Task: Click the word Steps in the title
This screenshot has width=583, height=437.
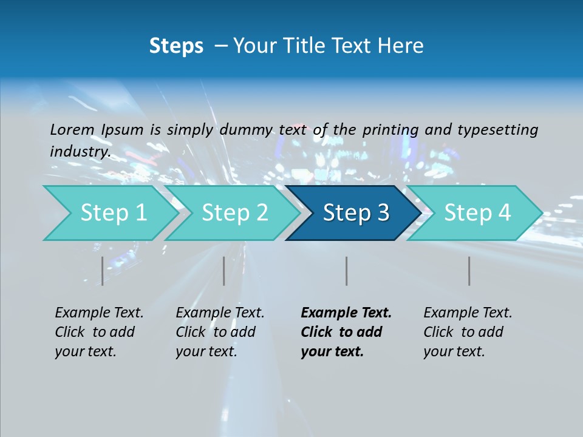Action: click(176, 46)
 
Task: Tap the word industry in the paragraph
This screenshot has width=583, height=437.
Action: click(80, 151)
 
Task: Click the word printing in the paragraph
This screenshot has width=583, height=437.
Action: click(390, 129)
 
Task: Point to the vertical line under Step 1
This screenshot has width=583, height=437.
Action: click(102, 271)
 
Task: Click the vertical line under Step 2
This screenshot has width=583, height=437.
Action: click(224, 271)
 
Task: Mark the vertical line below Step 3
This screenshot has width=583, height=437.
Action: click(346, 271)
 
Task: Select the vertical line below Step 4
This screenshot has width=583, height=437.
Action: click(469, 271)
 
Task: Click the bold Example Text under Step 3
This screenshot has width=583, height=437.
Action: click(346, 313)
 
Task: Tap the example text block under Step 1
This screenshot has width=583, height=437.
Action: click(99, 332)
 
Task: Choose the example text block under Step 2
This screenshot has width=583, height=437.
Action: click(220, 332)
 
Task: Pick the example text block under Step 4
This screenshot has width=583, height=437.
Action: click(468, 332)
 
